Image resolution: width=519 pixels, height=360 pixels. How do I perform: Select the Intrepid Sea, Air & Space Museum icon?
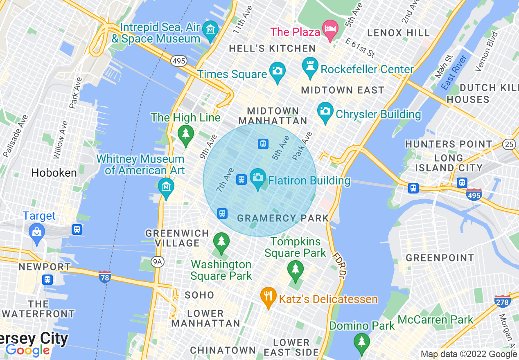(211, 30)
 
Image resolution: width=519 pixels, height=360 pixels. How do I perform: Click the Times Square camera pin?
(277, 71)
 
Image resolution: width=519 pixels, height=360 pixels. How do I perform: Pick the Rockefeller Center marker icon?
(310, 66)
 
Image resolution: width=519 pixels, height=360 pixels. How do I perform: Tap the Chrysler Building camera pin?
(325, 111)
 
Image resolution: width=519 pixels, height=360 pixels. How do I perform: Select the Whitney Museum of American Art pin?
(166, 188)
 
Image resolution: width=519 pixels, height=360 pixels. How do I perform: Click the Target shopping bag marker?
(37, 233)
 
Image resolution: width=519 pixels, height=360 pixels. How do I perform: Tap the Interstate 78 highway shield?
(105, 277)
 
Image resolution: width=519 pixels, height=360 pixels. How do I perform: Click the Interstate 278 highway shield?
(502, 301)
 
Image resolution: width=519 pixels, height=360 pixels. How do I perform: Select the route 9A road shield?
(157, 261)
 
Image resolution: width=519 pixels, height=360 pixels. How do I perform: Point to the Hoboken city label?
(54, 173)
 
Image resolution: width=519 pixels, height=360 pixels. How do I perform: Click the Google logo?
(27, 350)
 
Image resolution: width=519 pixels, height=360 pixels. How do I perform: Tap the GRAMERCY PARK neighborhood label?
(283, 218)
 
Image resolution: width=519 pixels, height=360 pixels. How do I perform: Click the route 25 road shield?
(509, 144)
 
